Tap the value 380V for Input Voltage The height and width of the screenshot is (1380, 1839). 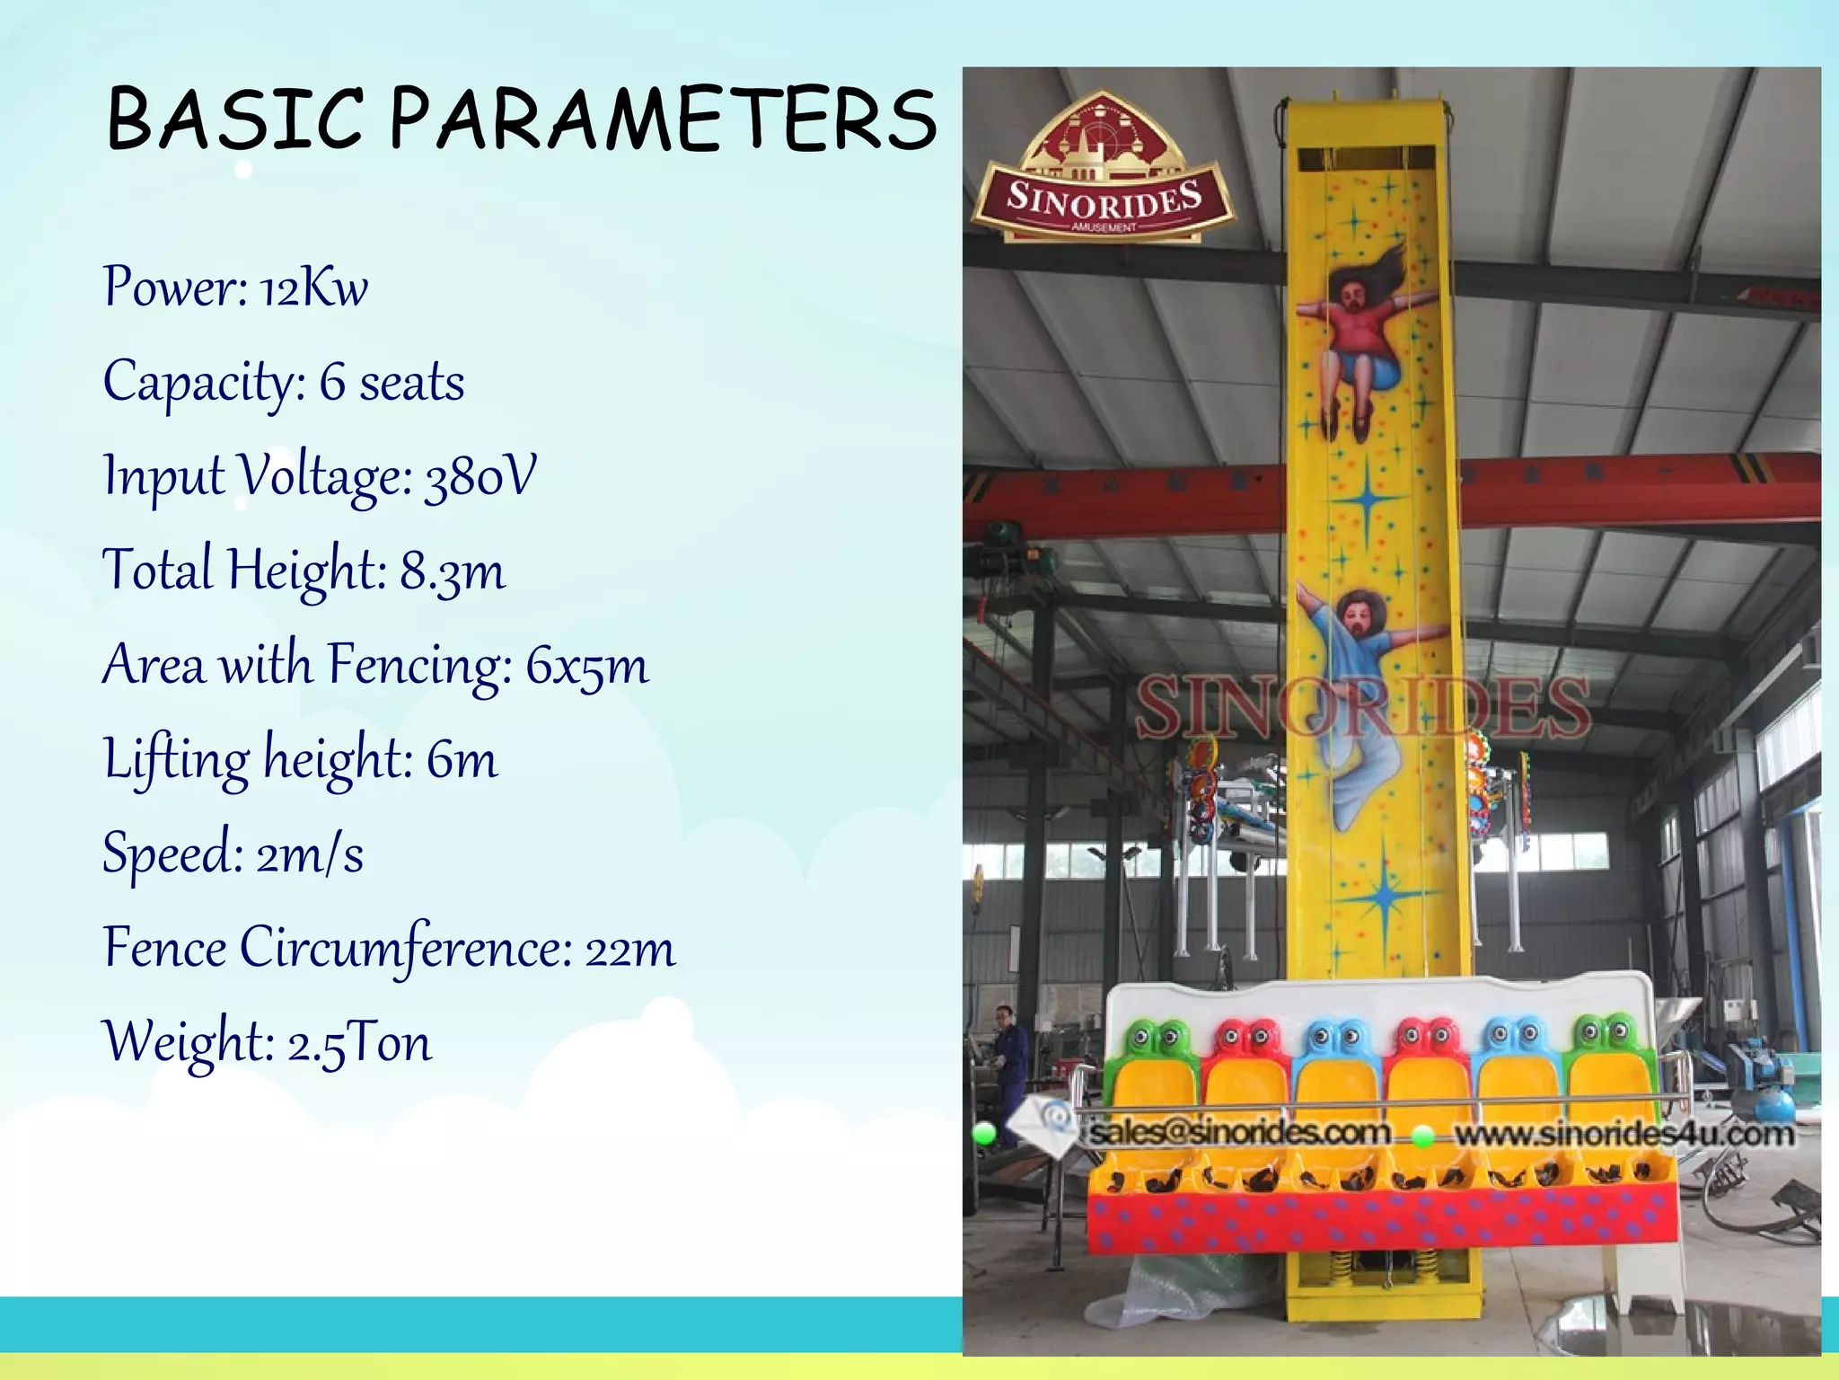(x=480, y=477)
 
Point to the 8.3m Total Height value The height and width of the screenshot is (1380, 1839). (x=453, y=571)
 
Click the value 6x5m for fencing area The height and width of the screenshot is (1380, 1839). (x=586, y=667)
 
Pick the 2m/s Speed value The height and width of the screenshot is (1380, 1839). (x=310, y=854)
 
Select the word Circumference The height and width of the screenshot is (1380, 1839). (x=406, y=949)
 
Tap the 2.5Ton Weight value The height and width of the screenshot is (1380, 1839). (x=359, y=1043)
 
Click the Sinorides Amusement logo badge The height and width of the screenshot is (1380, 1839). (x=1104, y=171)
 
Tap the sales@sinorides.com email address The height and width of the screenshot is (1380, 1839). (x=1240, y=1132)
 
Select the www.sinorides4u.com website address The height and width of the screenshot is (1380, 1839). (x=1623, y=1134)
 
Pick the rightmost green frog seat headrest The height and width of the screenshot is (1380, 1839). (x=1606, y=1037)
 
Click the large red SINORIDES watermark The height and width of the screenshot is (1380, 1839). (x=1363, y=708)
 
